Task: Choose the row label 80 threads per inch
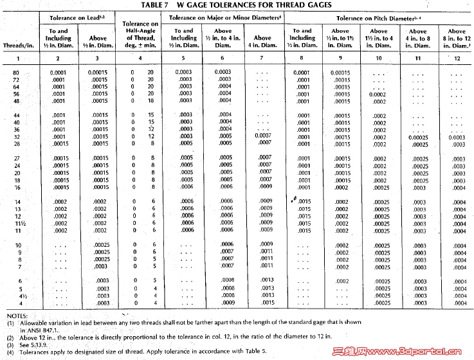click(17, 73)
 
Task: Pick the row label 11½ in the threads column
click(17, 222)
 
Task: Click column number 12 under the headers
click(457, 58)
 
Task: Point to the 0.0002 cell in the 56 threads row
click(378, 94)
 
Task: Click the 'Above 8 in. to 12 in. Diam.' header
click(457, 38)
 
